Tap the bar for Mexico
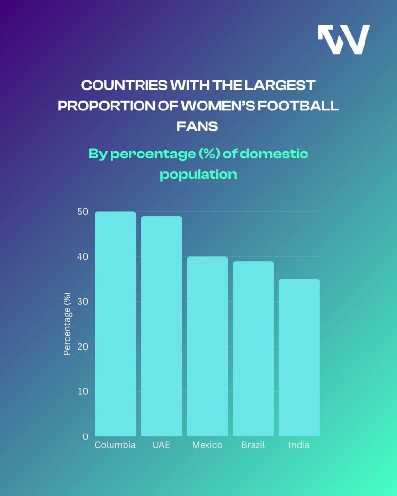207,346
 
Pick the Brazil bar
253,349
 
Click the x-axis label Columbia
115,445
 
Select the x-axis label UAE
161,445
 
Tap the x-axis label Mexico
207,445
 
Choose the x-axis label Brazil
253,445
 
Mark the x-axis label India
299,445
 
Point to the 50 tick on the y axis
82,212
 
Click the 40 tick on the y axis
82,257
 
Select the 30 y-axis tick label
82,301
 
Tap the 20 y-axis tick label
82,346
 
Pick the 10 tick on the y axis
82,391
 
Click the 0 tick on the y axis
85,436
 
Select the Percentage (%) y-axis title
67,324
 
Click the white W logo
344,39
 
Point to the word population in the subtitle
198,174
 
